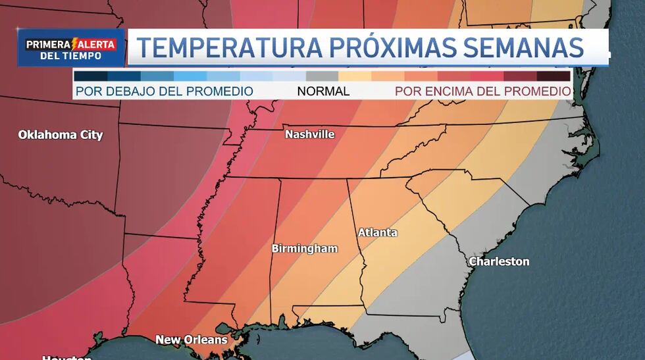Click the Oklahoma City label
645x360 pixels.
[x=61, y=135]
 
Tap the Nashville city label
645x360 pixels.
[x=309, y=134]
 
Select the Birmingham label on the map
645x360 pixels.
[x=305, y=249]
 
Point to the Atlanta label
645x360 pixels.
[x=377, y=232]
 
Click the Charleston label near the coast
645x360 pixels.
[x=499, y=261]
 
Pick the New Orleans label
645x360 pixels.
[x=191, y=340]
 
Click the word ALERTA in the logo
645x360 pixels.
[x=98, y=45]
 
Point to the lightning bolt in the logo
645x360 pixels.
[x=75, y=44]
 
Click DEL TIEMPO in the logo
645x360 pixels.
[x=70, y=56]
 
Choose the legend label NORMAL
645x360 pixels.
[x=323, y=91]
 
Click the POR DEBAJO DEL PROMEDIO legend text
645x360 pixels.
[x=165, y=91]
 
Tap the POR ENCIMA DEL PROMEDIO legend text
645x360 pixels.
[x=482, y=91]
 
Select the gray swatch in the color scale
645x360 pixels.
[x=322, y=76]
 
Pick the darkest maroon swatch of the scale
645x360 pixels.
[x=554, y=76]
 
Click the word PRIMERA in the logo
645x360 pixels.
[x=47, y=45]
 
